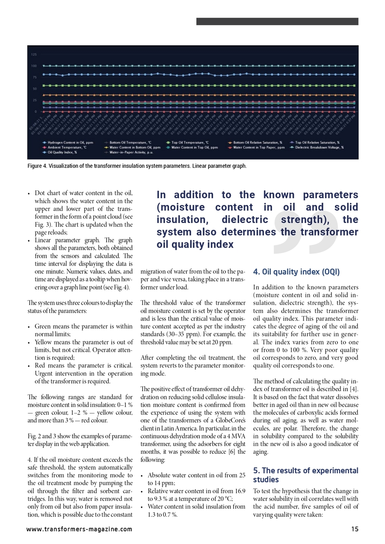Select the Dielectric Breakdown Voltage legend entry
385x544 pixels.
(x=319, y=147)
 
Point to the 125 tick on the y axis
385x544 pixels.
(x=34, y=54)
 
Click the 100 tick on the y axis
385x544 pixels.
(x=34, y=66)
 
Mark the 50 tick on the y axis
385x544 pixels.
(x=34, y=88)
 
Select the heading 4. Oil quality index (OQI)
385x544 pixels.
(x=296, y=272)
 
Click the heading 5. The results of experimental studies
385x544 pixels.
(x=305, y=475)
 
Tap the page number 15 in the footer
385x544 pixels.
(x=354, y=529)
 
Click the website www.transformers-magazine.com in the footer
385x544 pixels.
(x=79, y=529)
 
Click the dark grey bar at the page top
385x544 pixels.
(x=277, y=21)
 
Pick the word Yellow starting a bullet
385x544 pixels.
(x=44, y=342)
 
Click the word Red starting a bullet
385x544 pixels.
(x=41, y=365)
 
